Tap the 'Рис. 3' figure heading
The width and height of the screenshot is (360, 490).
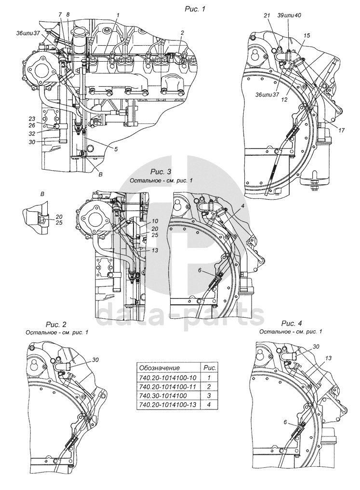[160, 172]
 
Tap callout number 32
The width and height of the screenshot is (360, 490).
[32, 134]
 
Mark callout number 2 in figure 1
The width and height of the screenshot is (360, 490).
[183, 33]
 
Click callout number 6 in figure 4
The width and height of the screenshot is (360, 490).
[285, 422]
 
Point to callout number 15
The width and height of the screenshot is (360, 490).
[307, 36]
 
